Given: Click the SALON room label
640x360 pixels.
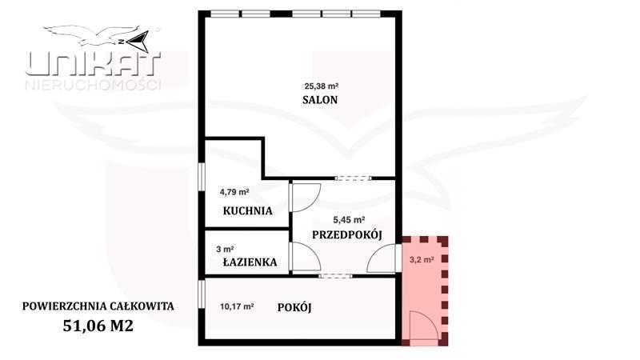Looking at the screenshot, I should click(x=320, y=100).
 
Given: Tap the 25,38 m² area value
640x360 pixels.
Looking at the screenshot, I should click(x=320, y=85).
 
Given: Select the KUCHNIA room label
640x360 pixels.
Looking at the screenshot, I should click(x=248, y=211).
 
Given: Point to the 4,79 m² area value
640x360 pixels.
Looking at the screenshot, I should click(x=235, y=192).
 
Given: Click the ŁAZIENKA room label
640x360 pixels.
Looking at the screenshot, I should click(x=250, y=262).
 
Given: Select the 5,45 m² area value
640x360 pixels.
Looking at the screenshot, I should click(x=349, y=218).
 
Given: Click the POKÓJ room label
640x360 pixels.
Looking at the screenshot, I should click(x=294, y=308).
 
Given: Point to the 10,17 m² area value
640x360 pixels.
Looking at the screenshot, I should click(x=237, y=305).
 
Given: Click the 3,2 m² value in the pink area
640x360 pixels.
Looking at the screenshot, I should click(x=422, y=259).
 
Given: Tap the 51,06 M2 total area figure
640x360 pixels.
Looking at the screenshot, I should click(x=98, y=325).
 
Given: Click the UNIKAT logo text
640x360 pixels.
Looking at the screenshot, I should click(x=94, y=65).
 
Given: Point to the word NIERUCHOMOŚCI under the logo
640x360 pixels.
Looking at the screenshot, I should click(x=94, y=84).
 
